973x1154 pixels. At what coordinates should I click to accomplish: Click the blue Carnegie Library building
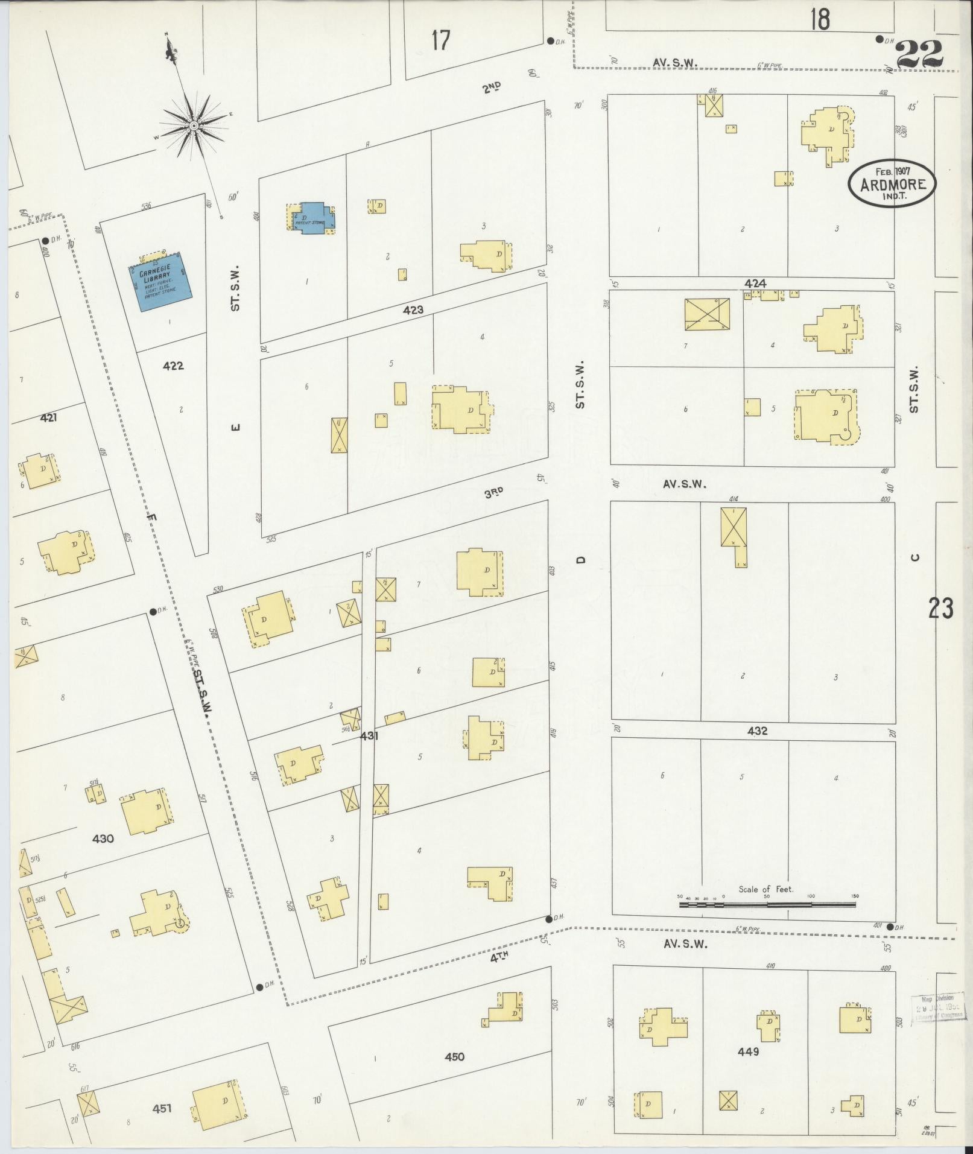tap(160, 282)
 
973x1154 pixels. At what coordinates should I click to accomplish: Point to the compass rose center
tap(194, 125)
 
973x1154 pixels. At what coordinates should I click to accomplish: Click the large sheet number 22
tap(919, 55)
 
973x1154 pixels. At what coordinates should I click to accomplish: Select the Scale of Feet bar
tap(767, 905)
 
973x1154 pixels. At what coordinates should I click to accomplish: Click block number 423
tap(413, 310)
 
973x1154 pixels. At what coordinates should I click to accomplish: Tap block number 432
tap(757, 731)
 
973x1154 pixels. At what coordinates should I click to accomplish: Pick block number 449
tap(748, 1051)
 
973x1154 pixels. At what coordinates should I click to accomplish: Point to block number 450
tap(454, 1056)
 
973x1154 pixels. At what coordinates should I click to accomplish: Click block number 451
tap(162, 1108)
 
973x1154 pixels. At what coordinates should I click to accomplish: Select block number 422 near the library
tap(173, 366)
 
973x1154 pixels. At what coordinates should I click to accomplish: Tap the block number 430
tap(103, 839)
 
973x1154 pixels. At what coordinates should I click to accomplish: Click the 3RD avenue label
tap(493, 492)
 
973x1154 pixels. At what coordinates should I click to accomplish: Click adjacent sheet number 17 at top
tap(441, 40)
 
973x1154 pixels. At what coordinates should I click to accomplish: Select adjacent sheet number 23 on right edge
tap(940, 609)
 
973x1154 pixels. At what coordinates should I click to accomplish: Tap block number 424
tap(755, 284)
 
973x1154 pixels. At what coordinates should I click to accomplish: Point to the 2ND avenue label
tap(492, 88)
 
